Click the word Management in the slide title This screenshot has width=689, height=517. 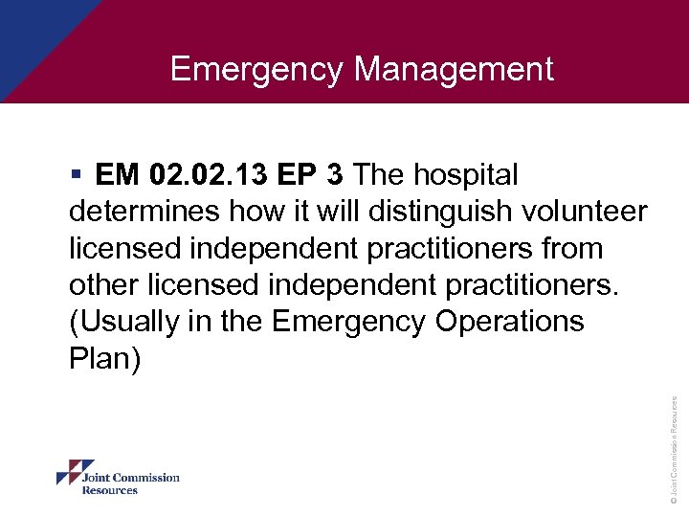point(454,69)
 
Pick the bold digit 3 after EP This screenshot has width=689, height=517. point(335,175)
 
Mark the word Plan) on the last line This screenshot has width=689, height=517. point(104,359)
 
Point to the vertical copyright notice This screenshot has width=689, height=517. point(675,450)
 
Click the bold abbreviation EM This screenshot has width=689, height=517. point(116,175)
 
